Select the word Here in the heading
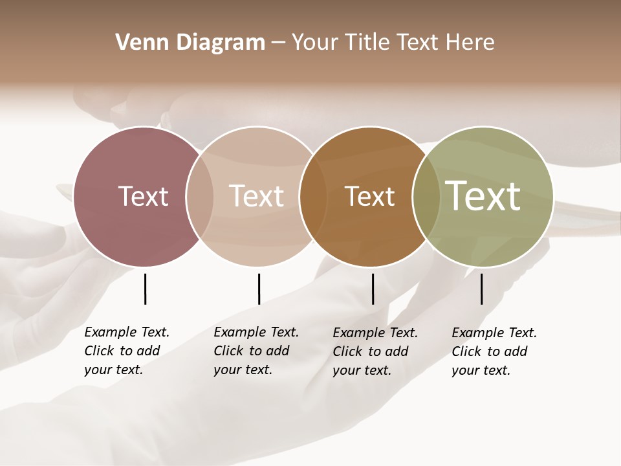click(471, 43)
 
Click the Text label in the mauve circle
click(143, 196)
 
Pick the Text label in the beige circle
click(256, 196)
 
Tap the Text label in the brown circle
click(369, 196)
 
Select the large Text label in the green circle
click(483, 195)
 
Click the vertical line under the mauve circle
click(145, 289)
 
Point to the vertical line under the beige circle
click(259, 289)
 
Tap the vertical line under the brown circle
click(373, 289)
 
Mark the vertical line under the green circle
click(481, 289)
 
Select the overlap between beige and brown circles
click(313, 197)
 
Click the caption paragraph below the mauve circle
click(126, 351)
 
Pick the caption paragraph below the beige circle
click(256, 351)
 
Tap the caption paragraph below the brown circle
click(375, 351)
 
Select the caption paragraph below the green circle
click(494, 351)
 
